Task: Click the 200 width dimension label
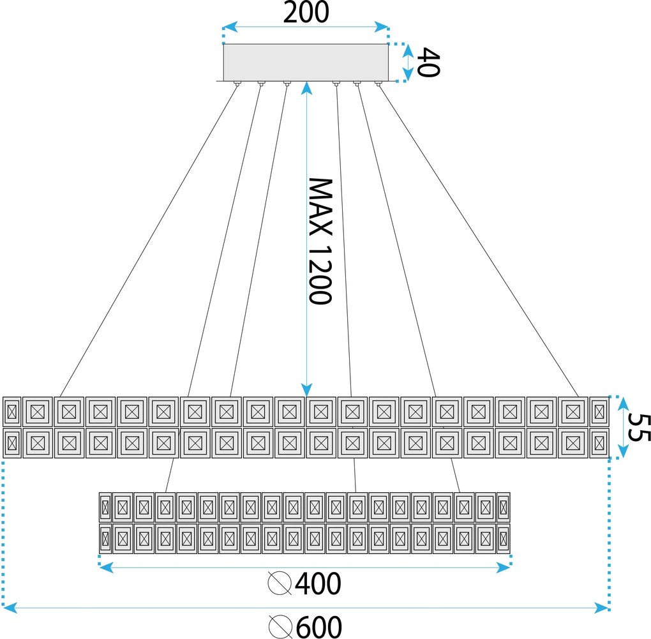point(306,13)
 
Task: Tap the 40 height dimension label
point(428,63)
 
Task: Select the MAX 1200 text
point(320,241)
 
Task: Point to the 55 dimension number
point(638,427)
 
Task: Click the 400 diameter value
point(318,583)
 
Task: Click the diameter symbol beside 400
point(280,583)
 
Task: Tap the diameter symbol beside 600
point(281,627)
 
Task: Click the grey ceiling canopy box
point(306,63)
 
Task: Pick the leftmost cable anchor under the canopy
point(237,84)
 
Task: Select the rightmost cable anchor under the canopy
point(378,84)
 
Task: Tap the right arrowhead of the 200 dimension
point(381,27)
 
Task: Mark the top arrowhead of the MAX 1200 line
point(306,88)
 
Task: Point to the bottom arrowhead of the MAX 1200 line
point(306,389)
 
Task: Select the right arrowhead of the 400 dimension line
point(503,567)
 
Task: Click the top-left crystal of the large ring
point(11,412)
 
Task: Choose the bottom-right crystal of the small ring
point(503,539)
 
